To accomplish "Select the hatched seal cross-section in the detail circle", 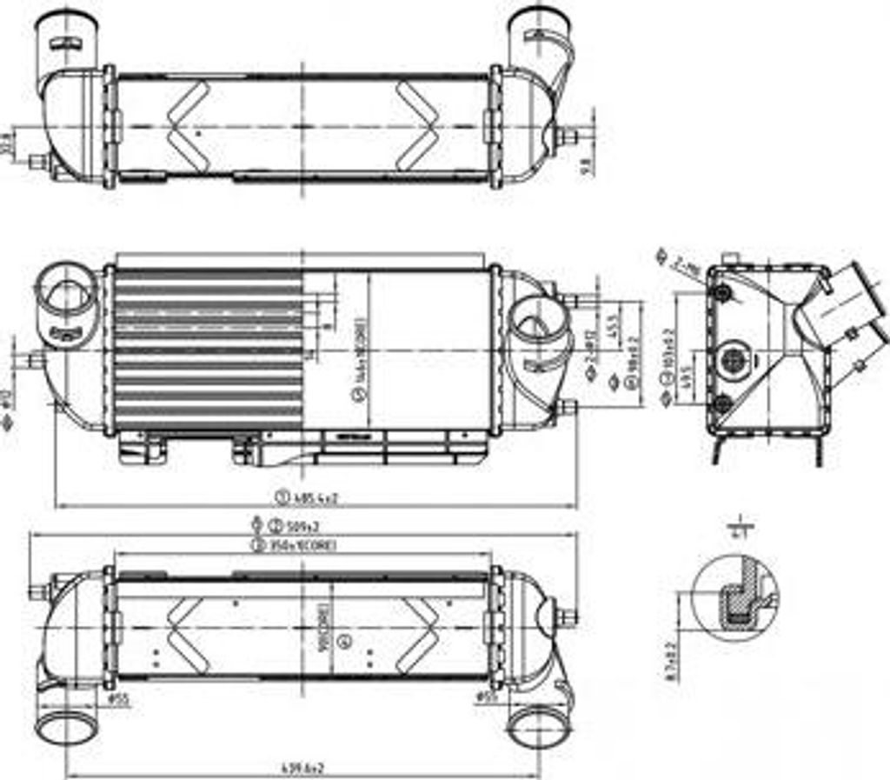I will click(x=740, y=604).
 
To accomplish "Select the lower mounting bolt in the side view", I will click(x=722, y=403).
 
